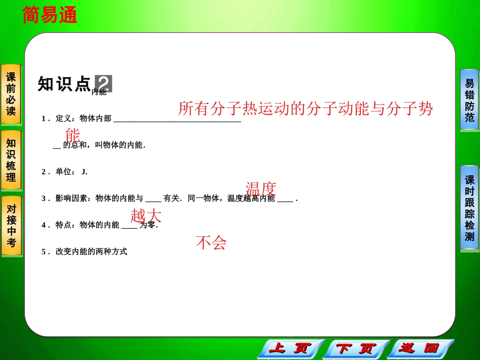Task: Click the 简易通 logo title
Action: pyautogui.click(x=50, y=16)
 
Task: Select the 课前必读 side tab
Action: pyautogui.click(x=11, y=94)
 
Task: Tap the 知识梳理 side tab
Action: pyautogui.click(x=11, y=160)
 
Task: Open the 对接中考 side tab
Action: pyautogui.click(x=11, y=226)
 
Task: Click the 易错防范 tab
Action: pyautogui.click(x=469, y=100)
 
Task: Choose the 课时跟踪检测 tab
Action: pyautogui.click(x=469, y=208)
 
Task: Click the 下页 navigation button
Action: pyautogui.click(x=356, y=348)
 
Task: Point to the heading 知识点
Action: pyautogui.click(x=64, y=84)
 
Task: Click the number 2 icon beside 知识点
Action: pyautogui.click(x=104, y=84)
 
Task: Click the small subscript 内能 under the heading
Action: pyautogui.click(x=99, y=92)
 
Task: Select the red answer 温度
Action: pyautogui.click(x=261, y=189)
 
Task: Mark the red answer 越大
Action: pyautogui.click(x=146, y=216)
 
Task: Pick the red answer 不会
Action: pyautogui.click(x=211, y=243)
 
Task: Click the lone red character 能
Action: pyautogui.click(x=73, y=135)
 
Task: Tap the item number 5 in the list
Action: pyautogui.click(x=43, y=251)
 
